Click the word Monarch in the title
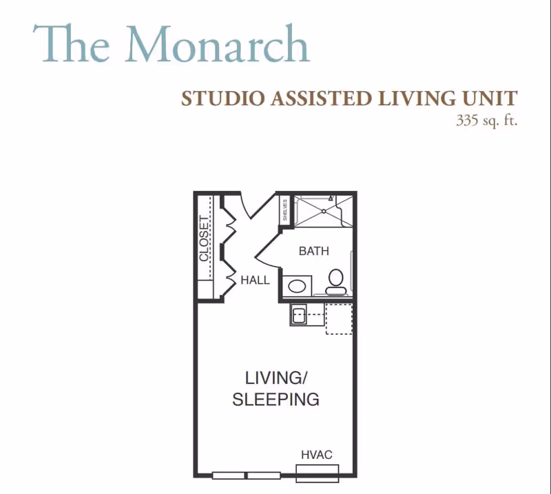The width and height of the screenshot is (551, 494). click(x=217, y=44)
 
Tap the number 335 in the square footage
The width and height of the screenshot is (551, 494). click(x=468, y=121)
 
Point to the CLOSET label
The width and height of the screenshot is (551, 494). click(x=204, y=238)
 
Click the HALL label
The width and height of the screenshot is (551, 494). click(x=255, y=280)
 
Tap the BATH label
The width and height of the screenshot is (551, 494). click(x=314, y=251)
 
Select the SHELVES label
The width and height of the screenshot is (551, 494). click(x=284, y=210)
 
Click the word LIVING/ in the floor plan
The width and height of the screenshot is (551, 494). click(x=276, y=378)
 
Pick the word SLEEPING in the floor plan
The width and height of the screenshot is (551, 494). click(x=276, y=400)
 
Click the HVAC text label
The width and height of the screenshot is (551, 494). click(x=317, y=455)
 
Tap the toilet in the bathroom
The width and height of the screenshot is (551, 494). click(x=336, y=282)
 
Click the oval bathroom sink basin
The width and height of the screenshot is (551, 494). click(x=297, y=286)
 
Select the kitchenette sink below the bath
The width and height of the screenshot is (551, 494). click(x=298, y=315)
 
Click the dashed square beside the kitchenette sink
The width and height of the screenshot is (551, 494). click(x=339, y=318)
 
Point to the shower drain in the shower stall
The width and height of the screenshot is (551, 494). click(x=324, y=212)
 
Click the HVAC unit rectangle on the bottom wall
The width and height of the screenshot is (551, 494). click(x=318, y=473)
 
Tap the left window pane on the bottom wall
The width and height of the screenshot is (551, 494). click(x=229, y=475)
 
